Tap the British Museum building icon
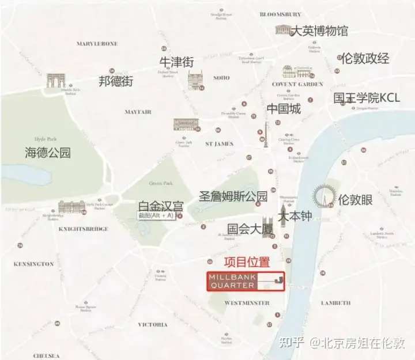pos(283,29)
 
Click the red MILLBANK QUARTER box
pos(246,282)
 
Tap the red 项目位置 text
pos(246,262)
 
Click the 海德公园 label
pos(47,153)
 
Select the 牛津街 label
pos(176,62)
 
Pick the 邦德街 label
pos(116,81)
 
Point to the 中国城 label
pos(284,108)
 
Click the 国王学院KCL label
pos(367,98)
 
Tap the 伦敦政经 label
pos(365,58)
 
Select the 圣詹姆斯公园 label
pos(233,196)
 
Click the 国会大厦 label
pos(244,229)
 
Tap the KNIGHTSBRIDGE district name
pos(84,229)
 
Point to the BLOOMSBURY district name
pos(281,14)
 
